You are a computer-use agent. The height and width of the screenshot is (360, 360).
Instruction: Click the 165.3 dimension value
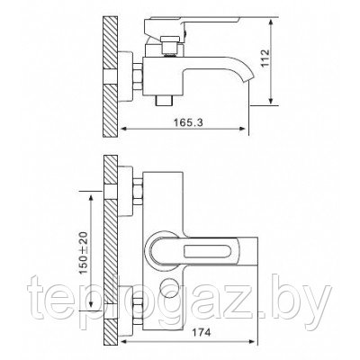pos(188,122)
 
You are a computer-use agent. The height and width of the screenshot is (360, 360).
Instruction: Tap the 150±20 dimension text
pos(84,252)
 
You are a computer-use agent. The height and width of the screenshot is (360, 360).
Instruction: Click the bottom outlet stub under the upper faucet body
pos(165,101)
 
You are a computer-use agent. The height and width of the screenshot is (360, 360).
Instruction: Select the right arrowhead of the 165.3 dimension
pos(242,129)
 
